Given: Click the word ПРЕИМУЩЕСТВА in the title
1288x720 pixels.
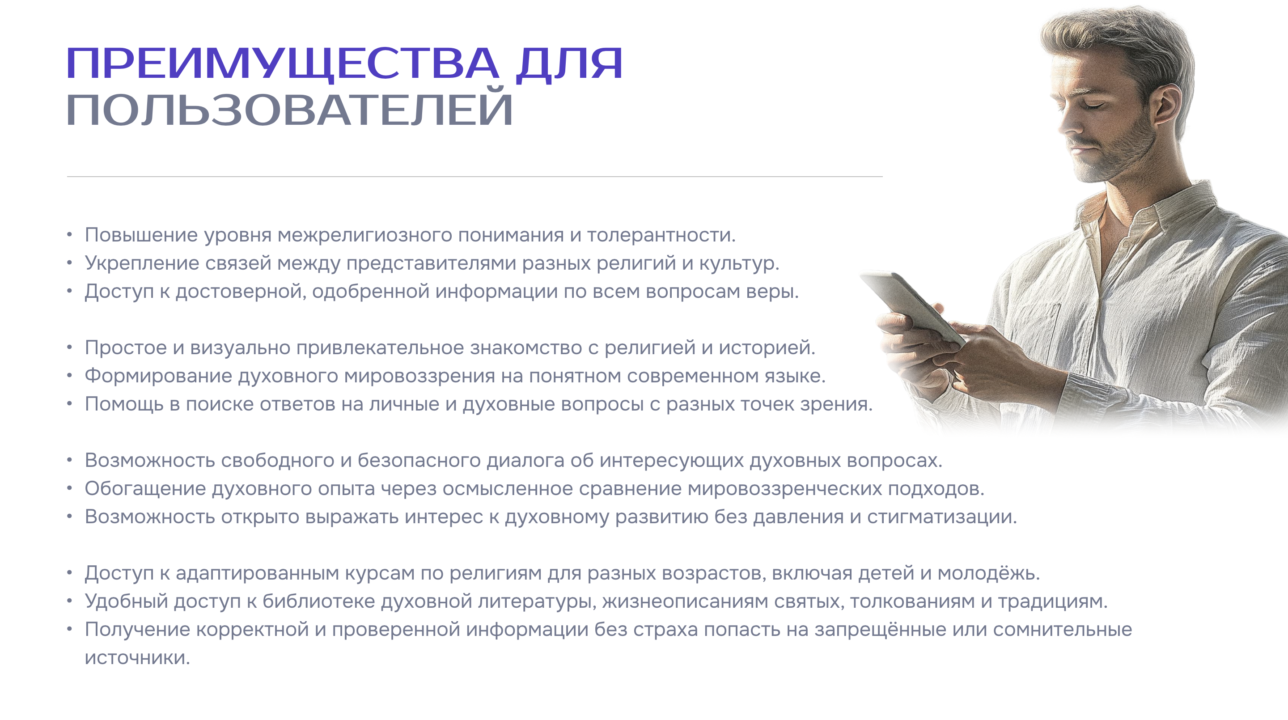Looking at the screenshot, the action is [x=283, y=64].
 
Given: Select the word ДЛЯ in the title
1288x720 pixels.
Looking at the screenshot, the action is [x=569, y=64].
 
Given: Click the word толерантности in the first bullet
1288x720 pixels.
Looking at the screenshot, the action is [x=661, y=235].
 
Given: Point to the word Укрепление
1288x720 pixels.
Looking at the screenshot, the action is [x=142, y=263].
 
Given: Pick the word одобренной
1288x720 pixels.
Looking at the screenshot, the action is [x=370, y=292].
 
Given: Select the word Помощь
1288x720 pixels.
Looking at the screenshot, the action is [x=124, y=404].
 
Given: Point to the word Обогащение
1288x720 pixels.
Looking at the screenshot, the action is [x=145, y=489].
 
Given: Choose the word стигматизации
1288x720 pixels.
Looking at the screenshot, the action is [x=942, y=517].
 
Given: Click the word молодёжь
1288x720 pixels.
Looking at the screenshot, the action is [x=988, y=573].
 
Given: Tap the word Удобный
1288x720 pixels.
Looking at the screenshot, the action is [x=127, y=601].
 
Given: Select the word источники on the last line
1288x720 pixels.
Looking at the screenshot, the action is [x=137, y=658].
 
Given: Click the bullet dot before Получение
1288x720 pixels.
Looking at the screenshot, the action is [x=69, y=629].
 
